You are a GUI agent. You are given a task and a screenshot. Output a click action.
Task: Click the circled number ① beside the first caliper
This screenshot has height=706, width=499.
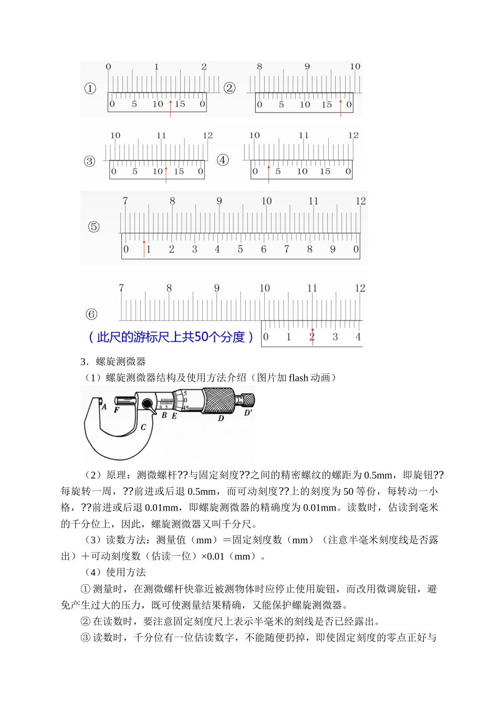click(90, 88)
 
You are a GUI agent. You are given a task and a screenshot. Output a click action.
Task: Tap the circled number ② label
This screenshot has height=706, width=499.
click(230, 88)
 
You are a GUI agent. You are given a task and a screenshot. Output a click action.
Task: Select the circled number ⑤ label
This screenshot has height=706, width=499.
click(93, 227)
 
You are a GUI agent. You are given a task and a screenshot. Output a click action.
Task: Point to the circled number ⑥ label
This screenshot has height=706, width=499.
click(91, 314)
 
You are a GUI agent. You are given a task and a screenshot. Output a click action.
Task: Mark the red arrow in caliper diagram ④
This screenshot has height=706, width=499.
click(268, 174)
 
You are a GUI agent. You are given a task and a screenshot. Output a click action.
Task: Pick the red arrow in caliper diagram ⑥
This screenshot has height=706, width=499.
click(313, 337)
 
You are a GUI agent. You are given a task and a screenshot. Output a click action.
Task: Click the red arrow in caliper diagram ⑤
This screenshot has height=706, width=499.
click(144, 248)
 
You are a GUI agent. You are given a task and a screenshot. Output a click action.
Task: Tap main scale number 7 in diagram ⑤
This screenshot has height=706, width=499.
click(125, 201)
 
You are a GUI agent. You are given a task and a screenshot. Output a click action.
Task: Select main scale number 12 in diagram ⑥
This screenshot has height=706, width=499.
click(360, 288)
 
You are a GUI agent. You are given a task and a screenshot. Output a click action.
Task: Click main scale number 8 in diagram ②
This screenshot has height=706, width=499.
click(259, 67)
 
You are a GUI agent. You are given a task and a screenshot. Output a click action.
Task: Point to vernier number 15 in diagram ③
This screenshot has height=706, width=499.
click(179, 172)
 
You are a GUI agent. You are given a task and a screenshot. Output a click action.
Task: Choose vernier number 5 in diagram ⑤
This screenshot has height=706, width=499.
click(240, 250)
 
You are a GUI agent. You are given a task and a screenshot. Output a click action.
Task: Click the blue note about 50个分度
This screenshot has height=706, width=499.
click(171, 337)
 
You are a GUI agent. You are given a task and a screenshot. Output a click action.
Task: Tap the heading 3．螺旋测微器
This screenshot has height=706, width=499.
click(113, 361)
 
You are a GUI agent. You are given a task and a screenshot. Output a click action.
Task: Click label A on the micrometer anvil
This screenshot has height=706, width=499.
click(104, 407)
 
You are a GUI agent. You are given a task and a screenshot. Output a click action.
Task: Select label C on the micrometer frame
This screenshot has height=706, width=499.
click(143, 427)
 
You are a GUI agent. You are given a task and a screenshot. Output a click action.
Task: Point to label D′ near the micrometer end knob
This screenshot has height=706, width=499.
click(248, 413)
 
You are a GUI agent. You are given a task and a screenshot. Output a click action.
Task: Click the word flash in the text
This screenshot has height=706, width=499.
click(298, 378)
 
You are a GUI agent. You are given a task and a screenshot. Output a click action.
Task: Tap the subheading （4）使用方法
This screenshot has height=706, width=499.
click(115, 573)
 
